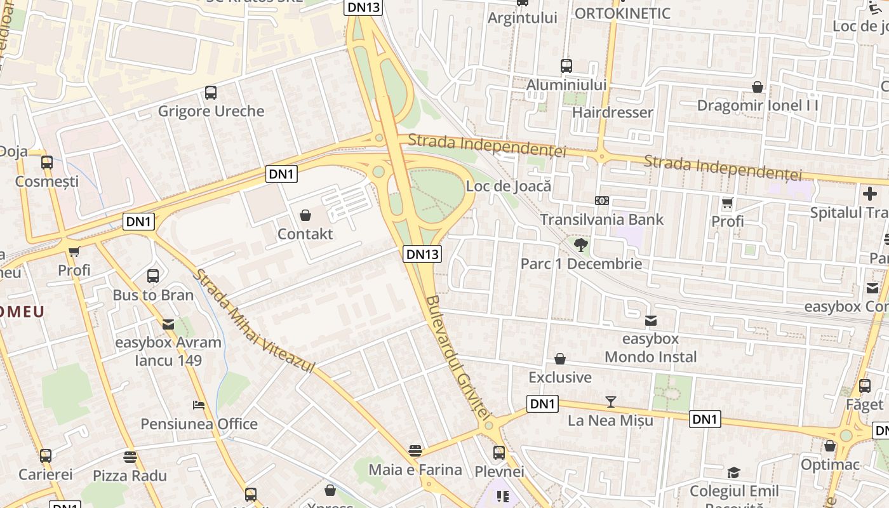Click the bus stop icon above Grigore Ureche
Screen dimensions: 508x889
tap(211, 93)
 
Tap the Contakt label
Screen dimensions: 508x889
tap(305, 234)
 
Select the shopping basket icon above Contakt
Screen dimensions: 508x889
tap(305, 215)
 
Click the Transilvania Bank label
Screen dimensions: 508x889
tap(601, 220)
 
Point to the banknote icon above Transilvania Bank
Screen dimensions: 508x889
tap(601, 201)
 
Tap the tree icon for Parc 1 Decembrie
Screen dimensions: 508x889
tap(580, 245)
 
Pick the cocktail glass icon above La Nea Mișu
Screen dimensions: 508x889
tap(610, 401)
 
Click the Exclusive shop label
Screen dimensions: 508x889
tap(559, 377)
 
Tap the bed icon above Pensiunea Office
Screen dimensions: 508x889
tap(199, 405)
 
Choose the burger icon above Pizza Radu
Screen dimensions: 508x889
tap(130, 457)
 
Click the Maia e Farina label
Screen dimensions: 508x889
tap(415, 470)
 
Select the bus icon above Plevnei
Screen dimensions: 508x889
tap(499, 453)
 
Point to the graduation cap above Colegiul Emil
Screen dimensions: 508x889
tap(734, 472)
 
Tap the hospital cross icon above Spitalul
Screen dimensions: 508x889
tap(870, 194)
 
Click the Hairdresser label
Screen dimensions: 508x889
tap(612, 112)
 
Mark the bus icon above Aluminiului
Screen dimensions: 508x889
tap(566, 66)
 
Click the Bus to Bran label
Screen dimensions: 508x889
tap(152, 295)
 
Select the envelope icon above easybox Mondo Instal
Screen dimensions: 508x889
tap(650, 320)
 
